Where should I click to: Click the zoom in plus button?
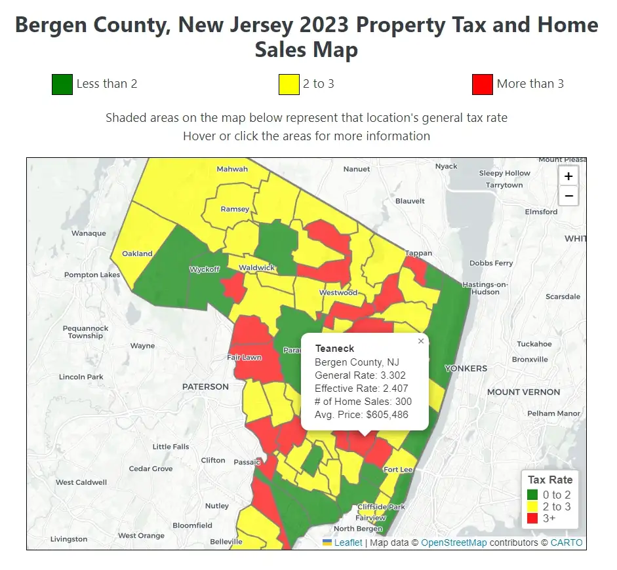[568, 176]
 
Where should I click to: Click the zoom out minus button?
[568, 195]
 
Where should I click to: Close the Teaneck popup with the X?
[421, 341]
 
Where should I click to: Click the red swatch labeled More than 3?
[482, 85]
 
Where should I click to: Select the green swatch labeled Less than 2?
[62, 85]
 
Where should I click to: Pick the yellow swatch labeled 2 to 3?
[289, 85]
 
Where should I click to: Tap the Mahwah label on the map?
[232, 169]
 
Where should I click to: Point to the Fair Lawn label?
[244, 358]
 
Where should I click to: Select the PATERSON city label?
[205, 387]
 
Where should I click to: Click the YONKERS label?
[466, 368]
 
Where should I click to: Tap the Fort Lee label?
[398, 470]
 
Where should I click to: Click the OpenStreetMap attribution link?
[454, 542]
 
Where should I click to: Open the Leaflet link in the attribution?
[348, 542]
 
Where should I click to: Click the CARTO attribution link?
[566, 542]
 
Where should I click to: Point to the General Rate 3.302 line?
[360, 375]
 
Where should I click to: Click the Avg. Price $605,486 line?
[361, 415]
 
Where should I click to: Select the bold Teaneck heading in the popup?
[334, 349]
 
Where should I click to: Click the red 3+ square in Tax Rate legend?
[532, 518]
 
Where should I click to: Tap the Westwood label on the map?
[338, 292]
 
